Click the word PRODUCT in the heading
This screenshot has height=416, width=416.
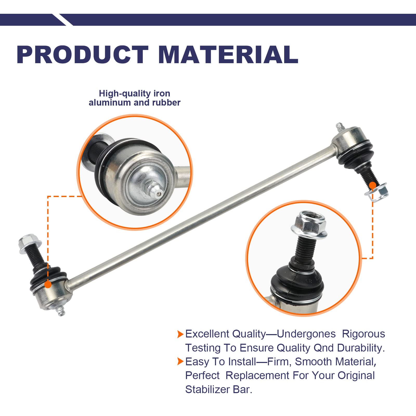(82, 55)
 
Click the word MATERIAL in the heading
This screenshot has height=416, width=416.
(228, 55)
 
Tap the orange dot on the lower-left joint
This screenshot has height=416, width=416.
(48, 284)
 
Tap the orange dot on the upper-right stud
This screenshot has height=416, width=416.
(373, 185)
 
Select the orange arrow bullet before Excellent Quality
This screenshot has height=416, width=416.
(180, 334)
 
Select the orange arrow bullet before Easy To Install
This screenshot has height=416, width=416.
(180, 362)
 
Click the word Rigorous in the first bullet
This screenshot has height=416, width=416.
(363, 334)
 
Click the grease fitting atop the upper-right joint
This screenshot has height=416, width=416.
(340, 127)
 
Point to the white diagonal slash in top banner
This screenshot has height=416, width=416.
(63, 20)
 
